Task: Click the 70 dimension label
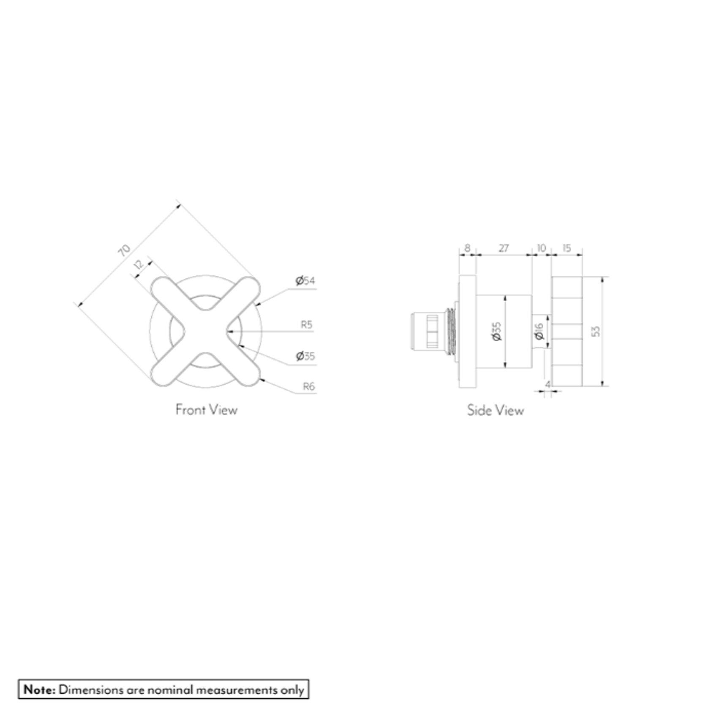[124, 250]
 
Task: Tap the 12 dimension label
[139, 265]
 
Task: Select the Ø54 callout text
[305, 280]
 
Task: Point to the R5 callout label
[307, 324]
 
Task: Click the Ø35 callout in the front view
[305, 356]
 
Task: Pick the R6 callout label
[309, 386]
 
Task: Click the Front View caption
[207, 409]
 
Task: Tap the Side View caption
[496, 410]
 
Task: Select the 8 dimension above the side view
[467, 248]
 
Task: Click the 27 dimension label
[504, 248]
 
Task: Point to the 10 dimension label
[541, 248]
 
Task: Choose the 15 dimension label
[567, 248]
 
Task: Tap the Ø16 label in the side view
[539, 331]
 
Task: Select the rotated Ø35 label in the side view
[497, 331]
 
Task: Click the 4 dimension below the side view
[548, 384]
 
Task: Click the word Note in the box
[39, 689]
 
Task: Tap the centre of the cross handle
[206, 331]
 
